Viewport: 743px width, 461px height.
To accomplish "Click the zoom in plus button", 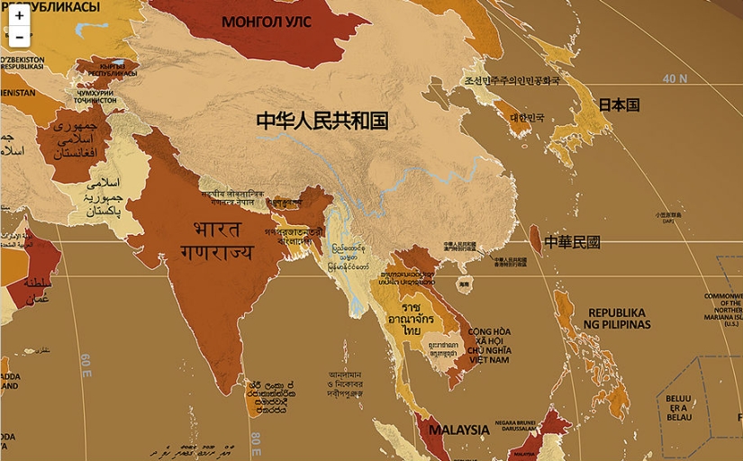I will pyautogui.click(x=19, y=15).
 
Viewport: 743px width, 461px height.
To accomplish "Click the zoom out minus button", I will pyautogui.click(x=19, y=37).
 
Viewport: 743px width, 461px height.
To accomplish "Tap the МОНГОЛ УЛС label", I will pyautogui.click(x=260, y=22).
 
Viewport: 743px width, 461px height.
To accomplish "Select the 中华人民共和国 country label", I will pyautogui.click(x=322, y=121).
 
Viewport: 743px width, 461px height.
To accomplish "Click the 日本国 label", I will pyautogui.click(x=619, y=104).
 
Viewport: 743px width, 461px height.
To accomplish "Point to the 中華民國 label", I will pyautogui.click(x=572, y=242).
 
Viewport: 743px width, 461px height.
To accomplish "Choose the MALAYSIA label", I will pyautogui.click(x=458, y=429).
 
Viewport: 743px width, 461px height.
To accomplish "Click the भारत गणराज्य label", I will pyautogui.click(x=216, y=239).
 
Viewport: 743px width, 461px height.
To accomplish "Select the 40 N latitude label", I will pyautogui.click(x=675, y=78).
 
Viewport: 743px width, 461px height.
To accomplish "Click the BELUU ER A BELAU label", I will pyautogui.click(x=679, y=408).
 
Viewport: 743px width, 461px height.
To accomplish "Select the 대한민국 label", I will pyautogui.click(x=528, y=118).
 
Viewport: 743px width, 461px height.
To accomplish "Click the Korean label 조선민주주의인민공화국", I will pyautogui.click(x=511, y=81).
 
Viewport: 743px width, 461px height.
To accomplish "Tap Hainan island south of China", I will pyautogui.click(x=464, y=284).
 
